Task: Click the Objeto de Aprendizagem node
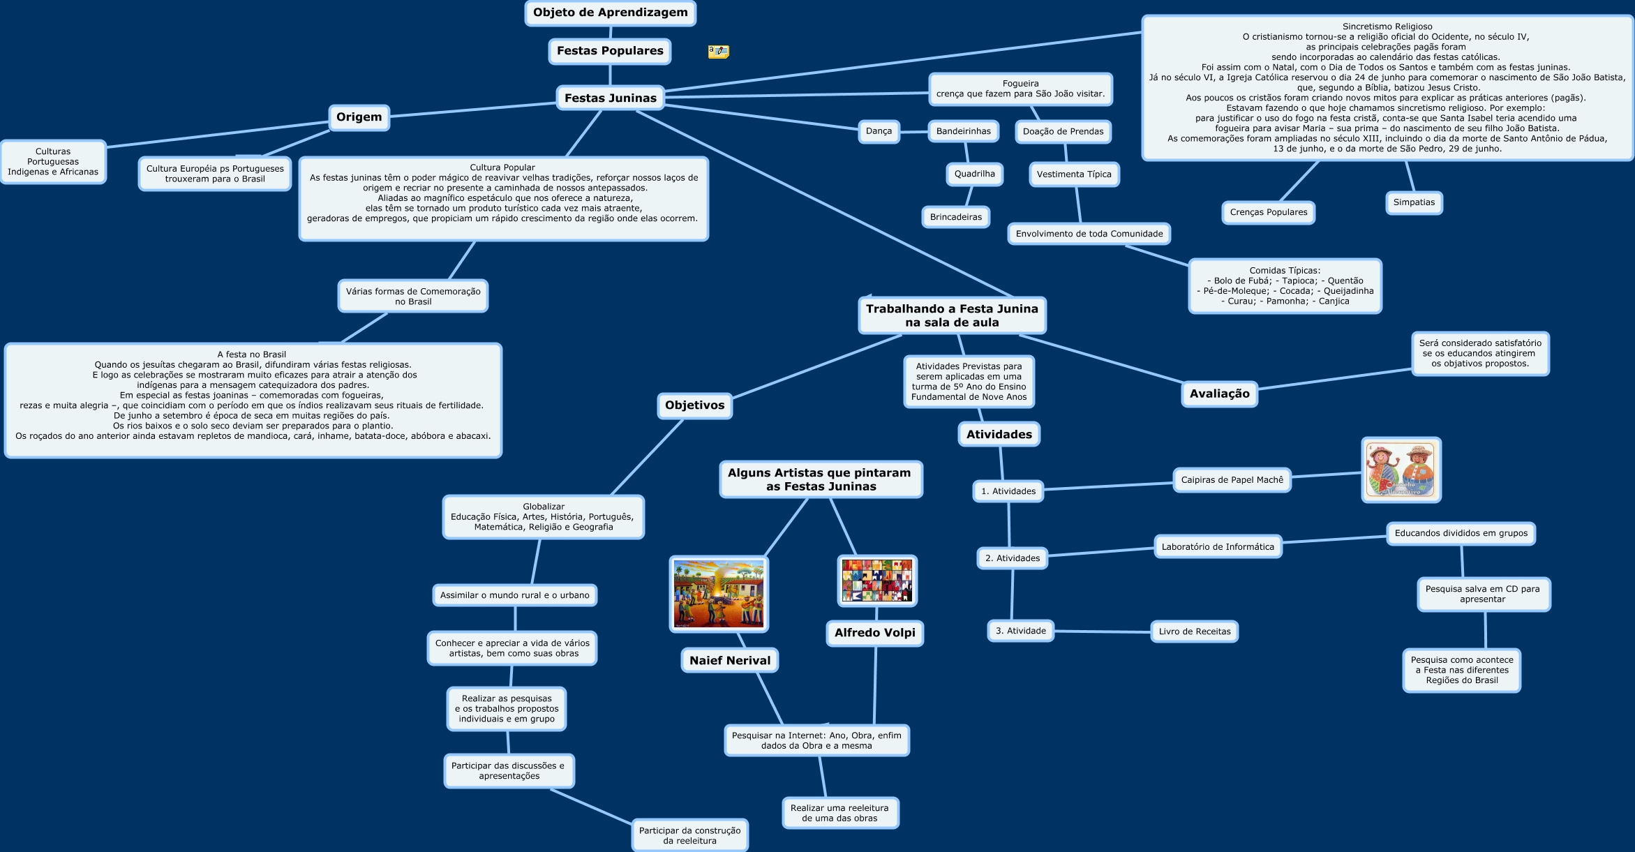(x=610, y=13)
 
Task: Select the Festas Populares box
(x=610, y=51)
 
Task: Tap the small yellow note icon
(x=718, y=52)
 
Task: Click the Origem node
(x=359, y=117)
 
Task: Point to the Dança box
(x=879, y=131)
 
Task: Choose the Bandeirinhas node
(x=963, y=131)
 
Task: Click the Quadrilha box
(x=974, y=174)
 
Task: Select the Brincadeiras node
(x=955, y=217)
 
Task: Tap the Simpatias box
(x=1414, y=202)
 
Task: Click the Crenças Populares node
(x=1268, y=212)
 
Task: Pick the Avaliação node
(x=1219, y=394)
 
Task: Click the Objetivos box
(x=694, y=405)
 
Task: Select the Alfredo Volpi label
(x=874, y=633)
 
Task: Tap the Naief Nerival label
(x=730, y=661)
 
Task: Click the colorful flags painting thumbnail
(x=876, y=581)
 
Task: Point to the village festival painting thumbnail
(x=719, y=594)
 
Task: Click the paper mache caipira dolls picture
(x=1401, y=470)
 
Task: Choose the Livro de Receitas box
(x=1194, y=631)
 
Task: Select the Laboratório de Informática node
(x=1217, y=547)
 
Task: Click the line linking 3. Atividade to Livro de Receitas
(x=1103, y=631)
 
